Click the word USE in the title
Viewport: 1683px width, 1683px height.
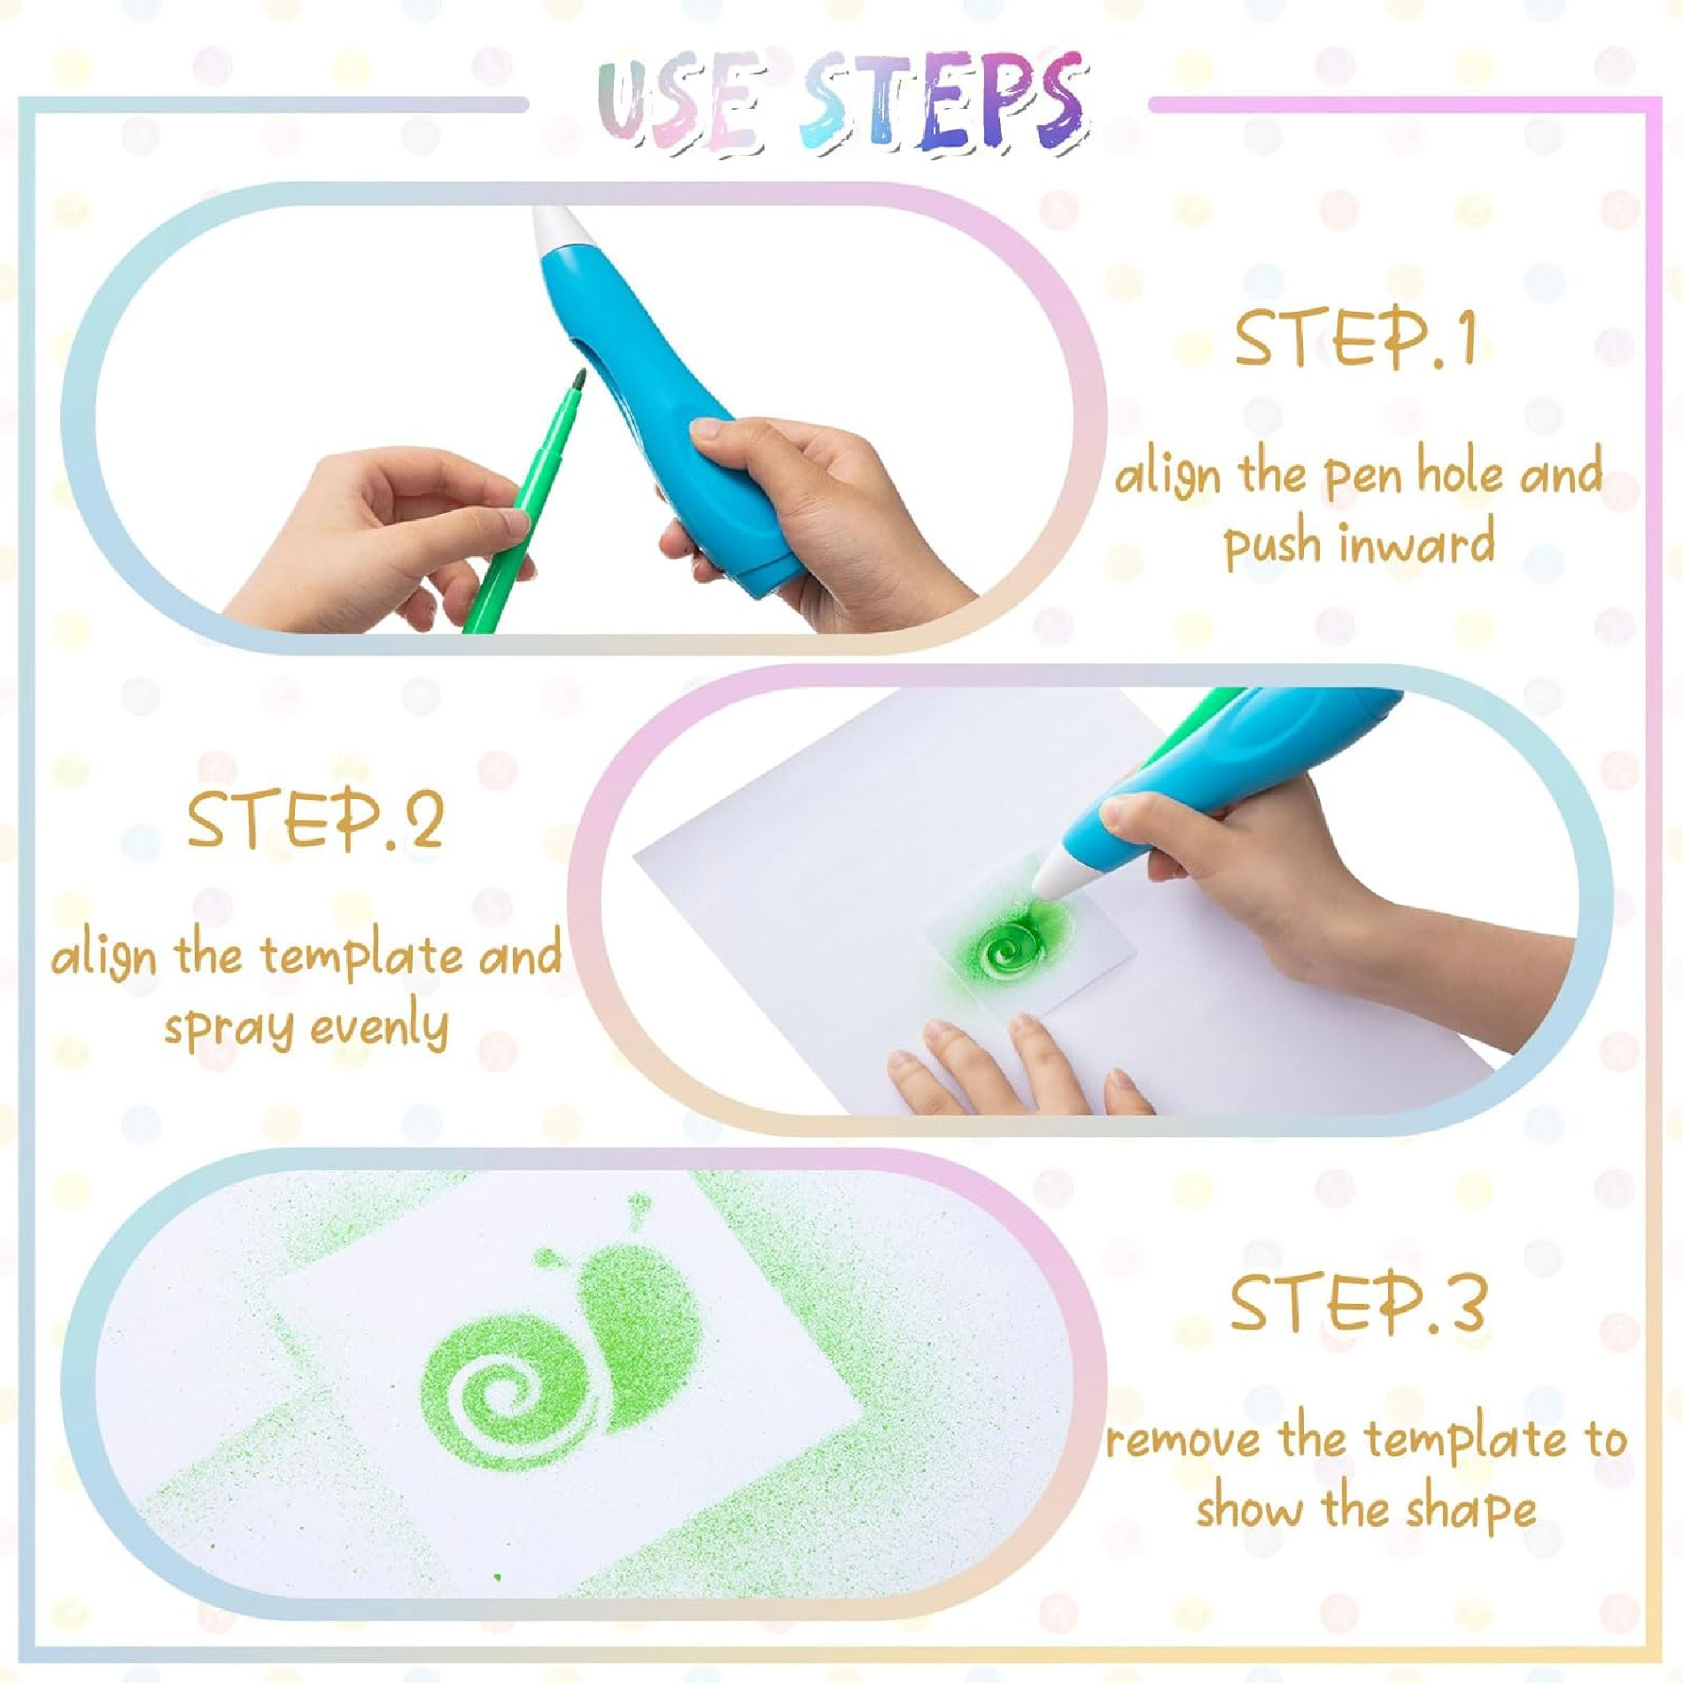[x=679, y=105]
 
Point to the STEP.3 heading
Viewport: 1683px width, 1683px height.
[x=1357, y=1303]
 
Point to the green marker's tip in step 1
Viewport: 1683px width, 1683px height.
[x=581, y=378]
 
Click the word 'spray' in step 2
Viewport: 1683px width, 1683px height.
[x=229, y=1028]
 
